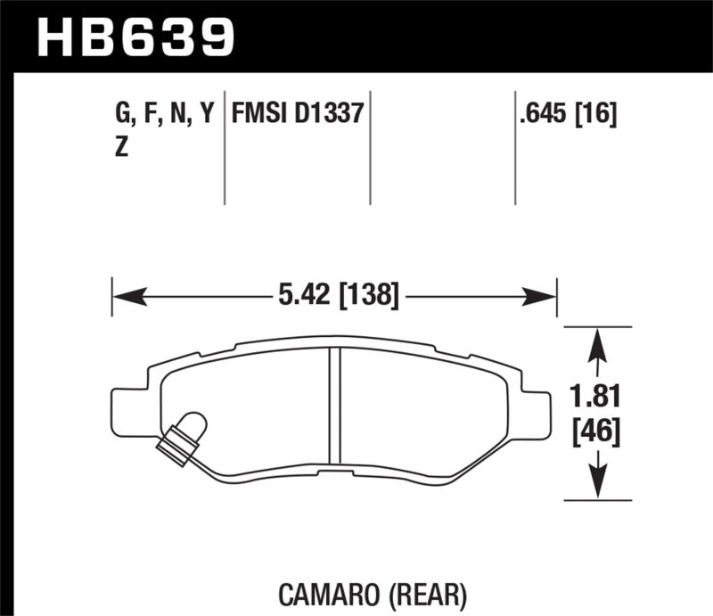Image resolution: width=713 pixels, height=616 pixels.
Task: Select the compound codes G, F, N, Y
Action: tap(166, 114)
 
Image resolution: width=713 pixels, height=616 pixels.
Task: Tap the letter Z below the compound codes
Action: tap(121, 148)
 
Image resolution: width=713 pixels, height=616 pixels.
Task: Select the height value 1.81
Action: tap(596, 395)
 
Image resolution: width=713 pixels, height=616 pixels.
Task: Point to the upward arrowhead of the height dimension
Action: tap(596, 337)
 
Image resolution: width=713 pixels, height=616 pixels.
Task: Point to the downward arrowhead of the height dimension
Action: tap(596, 489)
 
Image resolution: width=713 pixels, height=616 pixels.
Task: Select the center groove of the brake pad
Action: tap(335, 406)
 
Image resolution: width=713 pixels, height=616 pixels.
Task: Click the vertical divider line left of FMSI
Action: tap(224, 147)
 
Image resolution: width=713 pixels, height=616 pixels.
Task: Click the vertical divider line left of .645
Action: tap(515, 147)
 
